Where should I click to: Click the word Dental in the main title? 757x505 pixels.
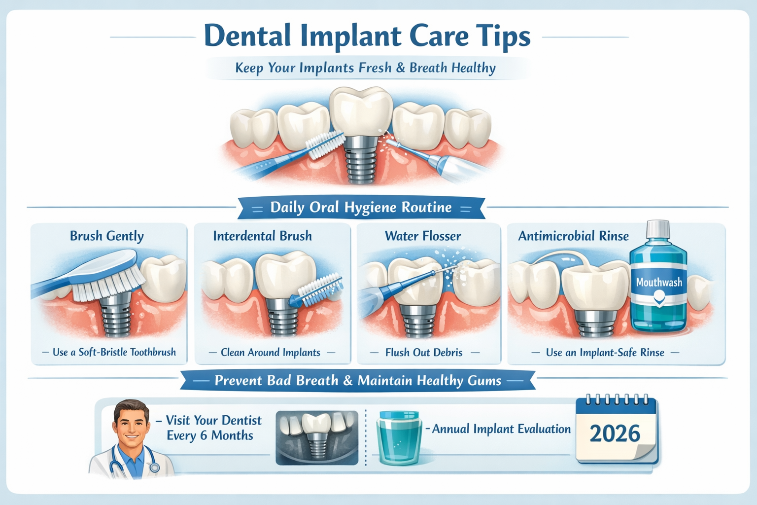pyautogui.click(x=247, y=36)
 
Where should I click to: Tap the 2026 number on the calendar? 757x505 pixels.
pyautogui.click(x=615, y=434)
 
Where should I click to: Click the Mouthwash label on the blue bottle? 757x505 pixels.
pyautogui.click(x=659, y=283)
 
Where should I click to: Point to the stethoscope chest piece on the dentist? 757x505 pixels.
pyautogui.click(x=154, y=467)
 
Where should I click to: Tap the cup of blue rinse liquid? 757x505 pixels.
pyautogui.click(x=398, y=439)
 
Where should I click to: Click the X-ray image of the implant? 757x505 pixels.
pyautogui.click(x=317, y=438)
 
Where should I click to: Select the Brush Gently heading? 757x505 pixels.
pyautogui.click(x=106, y=236)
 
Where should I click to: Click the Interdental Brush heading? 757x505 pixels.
pyautogui.click(x=262, y=236)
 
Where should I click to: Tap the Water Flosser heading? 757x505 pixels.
pyautogui.click(x=423, y=236)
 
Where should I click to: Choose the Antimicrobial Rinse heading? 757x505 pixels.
pyautogui.click(x=573, y=236)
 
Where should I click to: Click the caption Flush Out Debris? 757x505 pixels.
pyautogui.click(x=424, y=353)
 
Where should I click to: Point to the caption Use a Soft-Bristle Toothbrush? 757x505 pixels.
pyautogui.click(x=114, y=352)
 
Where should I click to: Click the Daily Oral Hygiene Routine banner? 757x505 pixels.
pyautogui.click(x=361, y=208)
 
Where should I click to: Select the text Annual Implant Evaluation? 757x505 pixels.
pyautogui.click(x=501, y=429)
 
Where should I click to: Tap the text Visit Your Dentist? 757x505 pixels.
pyautogui.click(x=213, y=421)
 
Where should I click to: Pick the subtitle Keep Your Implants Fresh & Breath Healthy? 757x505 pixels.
pyautogui.click(x=365, y=68)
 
